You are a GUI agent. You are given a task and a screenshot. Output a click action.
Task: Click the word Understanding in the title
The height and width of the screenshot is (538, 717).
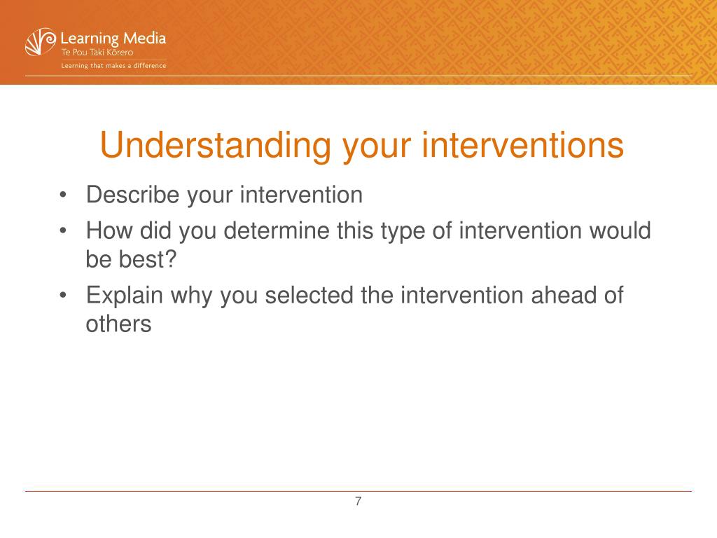pos(215,146)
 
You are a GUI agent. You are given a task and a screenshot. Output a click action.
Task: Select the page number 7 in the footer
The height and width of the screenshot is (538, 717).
pos(358,502)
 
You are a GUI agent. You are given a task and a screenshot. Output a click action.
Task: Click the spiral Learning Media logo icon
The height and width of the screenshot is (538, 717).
pos(40,41)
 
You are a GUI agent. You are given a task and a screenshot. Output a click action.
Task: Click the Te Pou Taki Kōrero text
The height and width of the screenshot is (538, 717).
pos(97,52)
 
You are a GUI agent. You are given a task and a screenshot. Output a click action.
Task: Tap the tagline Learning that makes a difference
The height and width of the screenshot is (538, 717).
pos(114,66)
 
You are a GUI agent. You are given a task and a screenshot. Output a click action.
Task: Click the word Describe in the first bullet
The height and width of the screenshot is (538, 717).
pos(132,195)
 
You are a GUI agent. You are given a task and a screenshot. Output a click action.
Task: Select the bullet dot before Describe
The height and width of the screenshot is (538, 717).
pos(63,195)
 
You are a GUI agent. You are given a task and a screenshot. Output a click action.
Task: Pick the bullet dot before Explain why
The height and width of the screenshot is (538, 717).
pos(63,296)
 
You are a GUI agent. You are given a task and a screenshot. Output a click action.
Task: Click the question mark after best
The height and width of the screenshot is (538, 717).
pos(169,259)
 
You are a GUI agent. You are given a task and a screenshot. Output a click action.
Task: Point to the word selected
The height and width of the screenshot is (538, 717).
pos(309,295)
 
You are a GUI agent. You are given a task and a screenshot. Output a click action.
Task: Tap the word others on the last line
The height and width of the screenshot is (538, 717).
pos(118,324)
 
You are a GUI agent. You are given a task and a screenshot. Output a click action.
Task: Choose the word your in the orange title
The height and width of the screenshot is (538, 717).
pos(377,147)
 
